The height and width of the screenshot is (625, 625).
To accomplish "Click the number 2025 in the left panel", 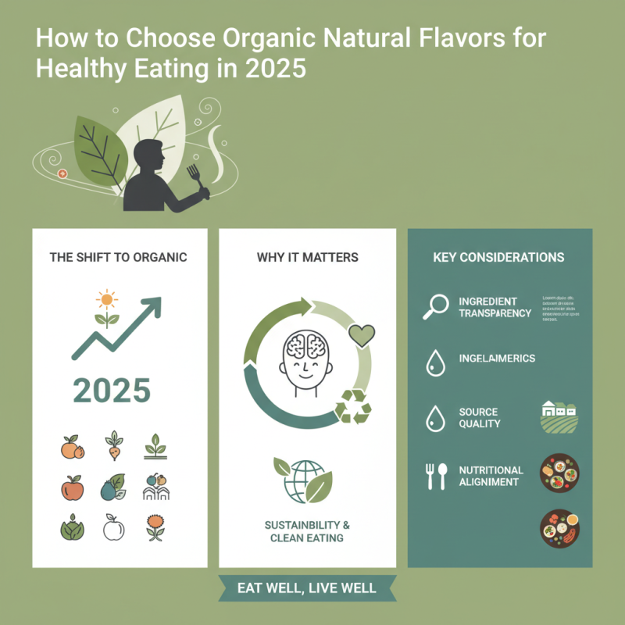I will pos(111,390).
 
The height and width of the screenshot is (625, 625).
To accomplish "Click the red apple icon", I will pos(72,487).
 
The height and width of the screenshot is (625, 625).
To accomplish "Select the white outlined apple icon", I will pos(114,530).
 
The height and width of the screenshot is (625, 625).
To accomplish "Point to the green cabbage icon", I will pos(72,530).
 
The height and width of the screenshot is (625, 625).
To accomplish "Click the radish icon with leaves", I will pos(114,445).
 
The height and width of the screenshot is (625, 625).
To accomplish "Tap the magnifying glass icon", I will pos(434,305).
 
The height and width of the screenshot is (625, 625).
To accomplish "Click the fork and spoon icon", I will pos(435,476).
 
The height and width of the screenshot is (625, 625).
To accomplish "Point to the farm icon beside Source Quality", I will pos(559,417).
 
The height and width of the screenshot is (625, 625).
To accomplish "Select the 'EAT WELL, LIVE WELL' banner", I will pos(306,588).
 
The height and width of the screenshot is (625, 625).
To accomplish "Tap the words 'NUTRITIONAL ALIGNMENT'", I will pos(491,476).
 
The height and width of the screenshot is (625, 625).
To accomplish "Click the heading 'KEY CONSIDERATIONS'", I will pos(498,257).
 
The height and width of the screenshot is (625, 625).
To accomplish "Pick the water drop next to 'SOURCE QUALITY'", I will pos(434,419).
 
